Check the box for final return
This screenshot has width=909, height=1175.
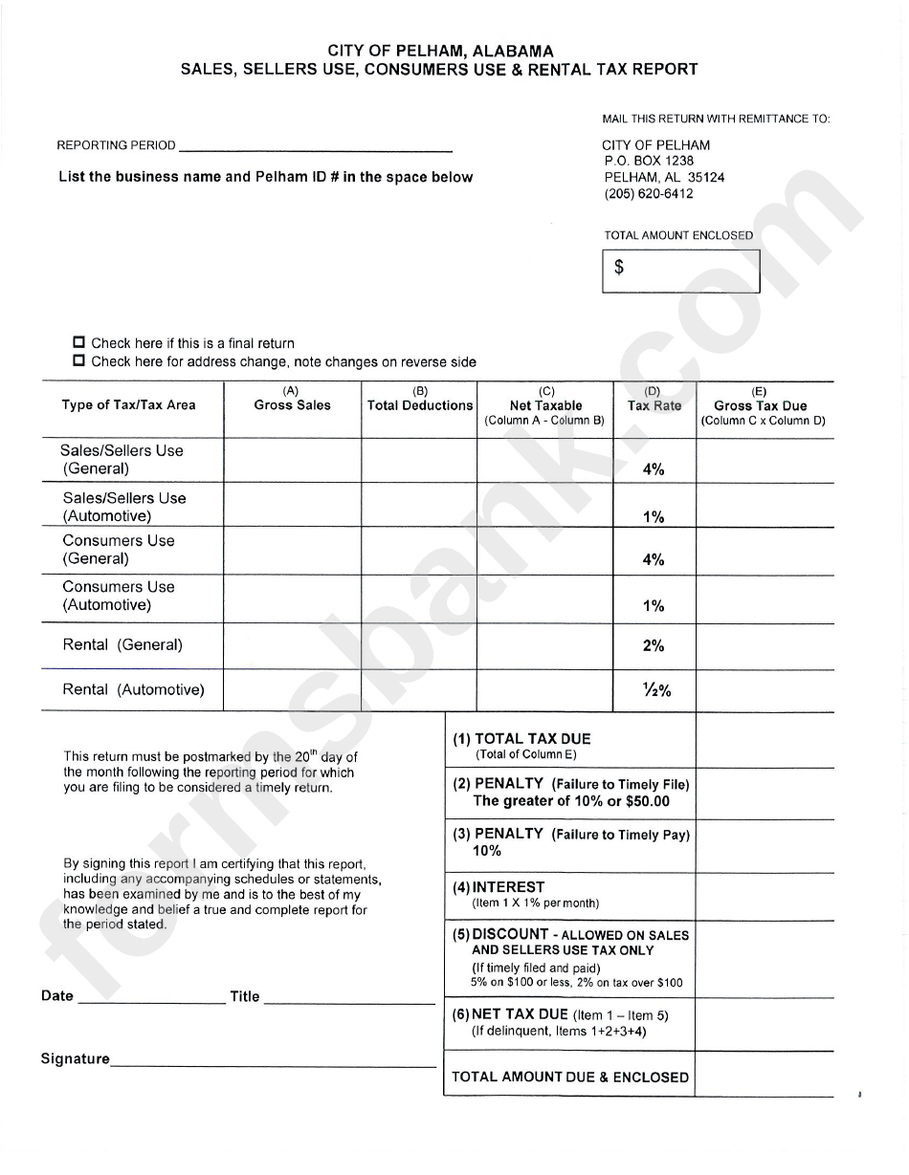click(x=79, y=342)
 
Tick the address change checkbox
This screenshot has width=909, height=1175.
click(x=79, y=361)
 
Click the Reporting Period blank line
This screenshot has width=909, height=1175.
click(x=315, y=145)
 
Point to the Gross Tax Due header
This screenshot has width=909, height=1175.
click(x=761, y=405)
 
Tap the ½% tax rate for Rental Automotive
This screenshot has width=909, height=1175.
click(x=655, y=691)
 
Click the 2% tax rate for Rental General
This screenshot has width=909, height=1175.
click(x=654, y=646)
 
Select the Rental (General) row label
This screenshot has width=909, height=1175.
click(x=122, y=645)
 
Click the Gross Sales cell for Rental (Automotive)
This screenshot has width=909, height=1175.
click(x=292, y=690)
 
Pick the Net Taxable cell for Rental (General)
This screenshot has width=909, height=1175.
click(x=544, y=646)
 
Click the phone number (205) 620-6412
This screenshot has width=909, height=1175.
click(x=649, y=193)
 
